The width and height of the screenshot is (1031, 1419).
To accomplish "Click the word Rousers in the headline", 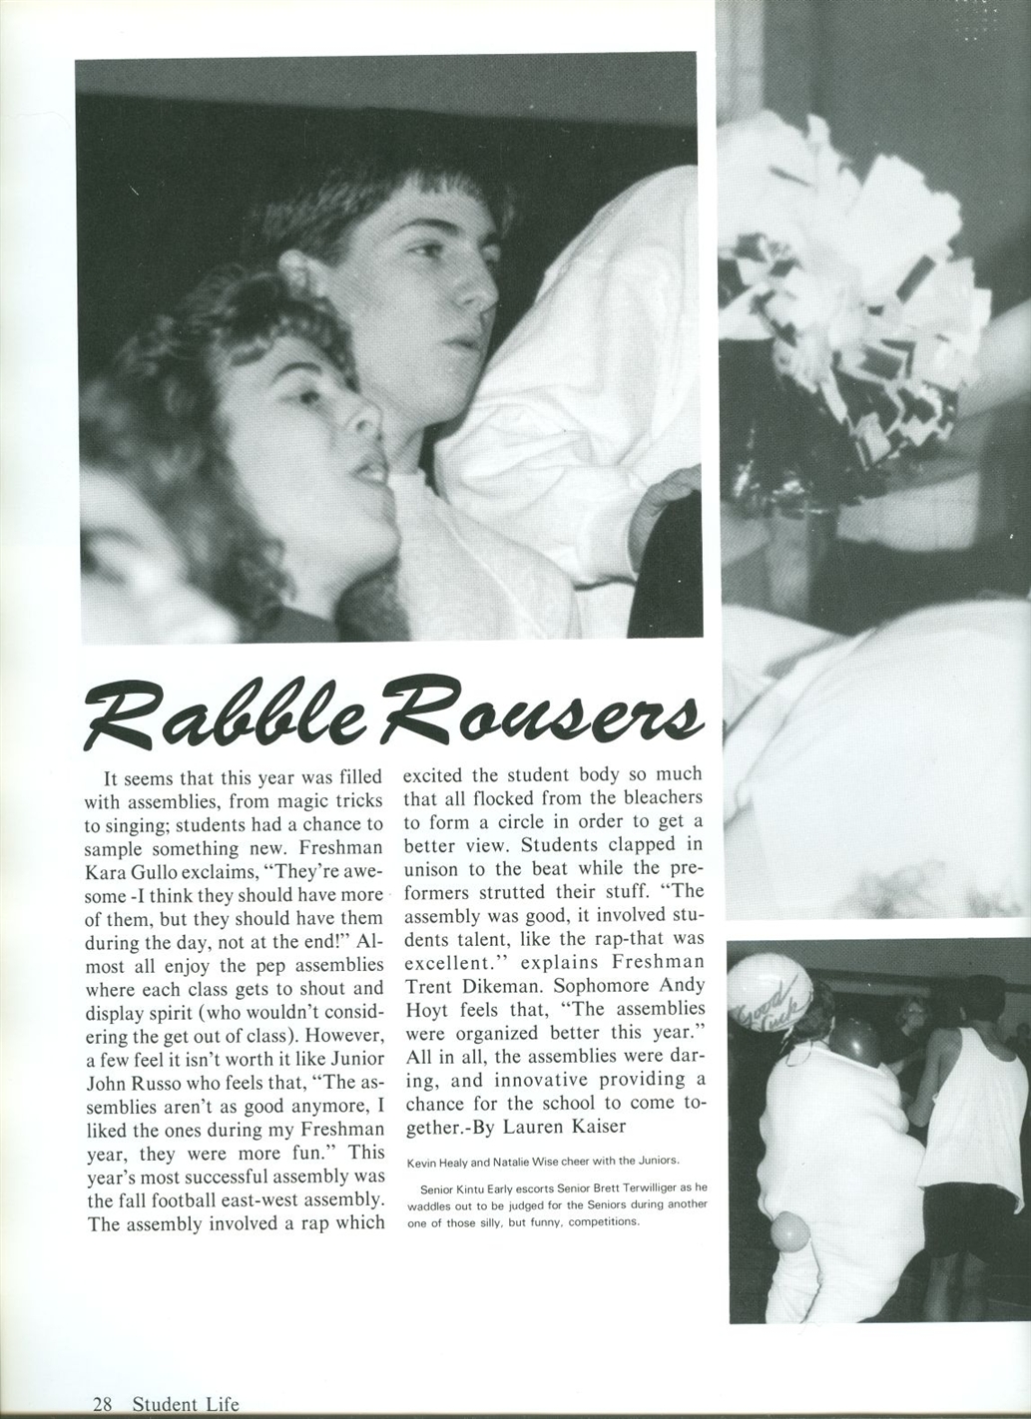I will point(544,710).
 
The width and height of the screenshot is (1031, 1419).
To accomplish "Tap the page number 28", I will point(101,1403).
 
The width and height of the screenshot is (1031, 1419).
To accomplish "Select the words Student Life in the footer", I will point(186,1403).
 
